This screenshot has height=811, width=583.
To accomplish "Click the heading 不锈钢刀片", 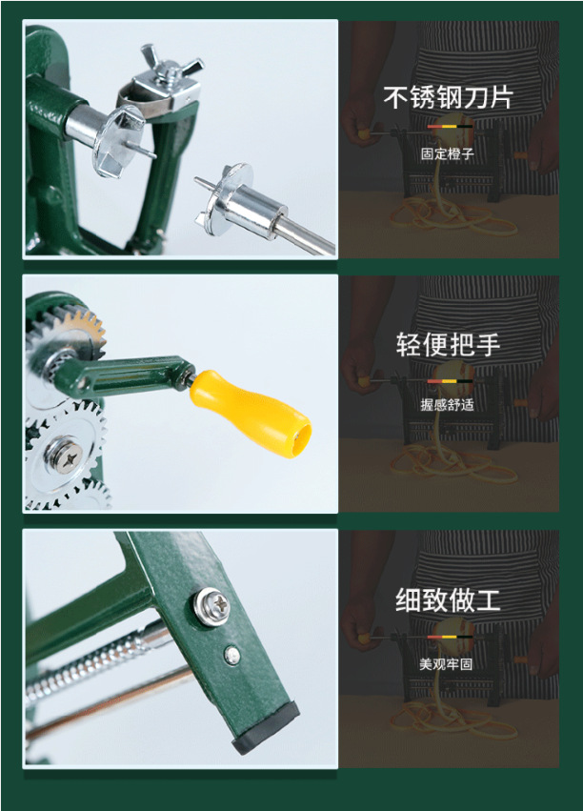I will click(x=448, y=97).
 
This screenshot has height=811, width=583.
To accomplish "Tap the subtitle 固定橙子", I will click(x=448, y=152).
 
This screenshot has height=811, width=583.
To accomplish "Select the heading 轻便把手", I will click(x=448, y=345).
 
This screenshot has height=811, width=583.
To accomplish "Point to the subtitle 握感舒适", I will click(x=448, y=405).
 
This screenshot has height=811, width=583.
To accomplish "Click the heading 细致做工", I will click(x=448, y=599).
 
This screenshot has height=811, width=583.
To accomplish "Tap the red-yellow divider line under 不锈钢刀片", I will click(x=448, y=126).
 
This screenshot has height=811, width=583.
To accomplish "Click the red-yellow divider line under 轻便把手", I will click(x=448, y=379).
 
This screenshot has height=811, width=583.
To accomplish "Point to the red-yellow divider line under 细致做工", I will click(x=448, y=634).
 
